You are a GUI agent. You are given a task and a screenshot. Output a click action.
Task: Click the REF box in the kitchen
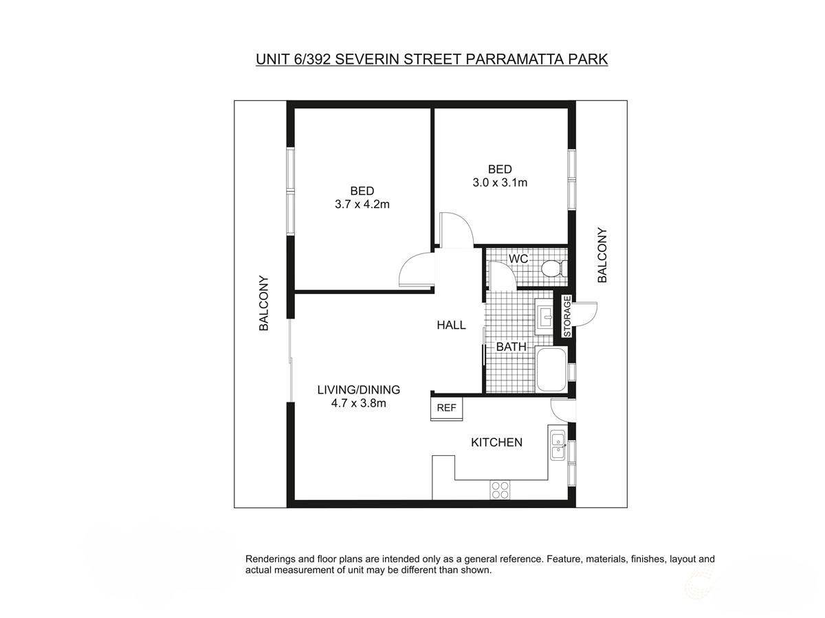click(446, 408)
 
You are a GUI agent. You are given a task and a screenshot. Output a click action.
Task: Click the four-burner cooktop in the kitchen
click(500, 490)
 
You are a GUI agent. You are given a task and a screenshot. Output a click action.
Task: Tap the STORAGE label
click(567, 317)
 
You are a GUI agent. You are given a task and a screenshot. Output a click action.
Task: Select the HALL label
click(451, 325)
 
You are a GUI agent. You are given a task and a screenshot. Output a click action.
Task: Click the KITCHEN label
click(496, 443)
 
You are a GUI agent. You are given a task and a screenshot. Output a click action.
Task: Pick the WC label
click(518, 259)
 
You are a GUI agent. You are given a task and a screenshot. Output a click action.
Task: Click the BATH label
click(511, 347)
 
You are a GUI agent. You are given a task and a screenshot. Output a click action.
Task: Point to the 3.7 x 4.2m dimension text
click(362, 204)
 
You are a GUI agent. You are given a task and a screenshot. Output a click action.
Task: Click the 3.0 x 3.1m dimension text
click(500, 183)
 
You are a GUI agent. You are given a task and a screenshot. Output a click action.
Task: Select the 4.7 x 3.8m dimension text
click(358, 403)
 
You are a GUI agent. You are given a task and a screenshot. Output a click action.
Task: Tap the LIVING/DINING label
click(358, 390)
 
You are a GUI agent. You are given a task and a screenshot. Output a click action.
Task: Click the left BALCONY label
click(263, 304)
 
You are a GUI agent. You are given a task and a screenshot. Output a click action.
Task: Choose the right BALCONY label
click(602, 255)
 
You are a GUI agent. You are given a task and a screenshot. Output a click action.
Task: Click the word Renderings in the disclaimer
click(273, 560)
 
